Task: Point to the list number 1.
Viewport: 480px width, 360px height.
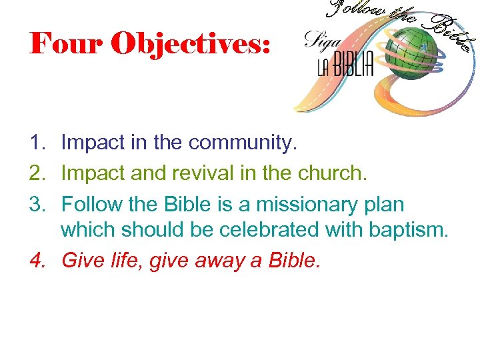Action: tap(37, 142)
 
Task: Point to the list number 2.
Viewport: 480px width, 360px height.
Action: tap(37, 173)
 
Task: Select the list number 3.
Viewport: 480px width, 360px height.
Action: tap(37, 203)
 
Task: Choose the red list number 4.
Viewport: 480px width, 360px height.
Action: tap(37, 259)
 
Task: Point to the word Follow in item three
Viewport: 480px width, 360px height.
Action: tap(87, 203)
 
